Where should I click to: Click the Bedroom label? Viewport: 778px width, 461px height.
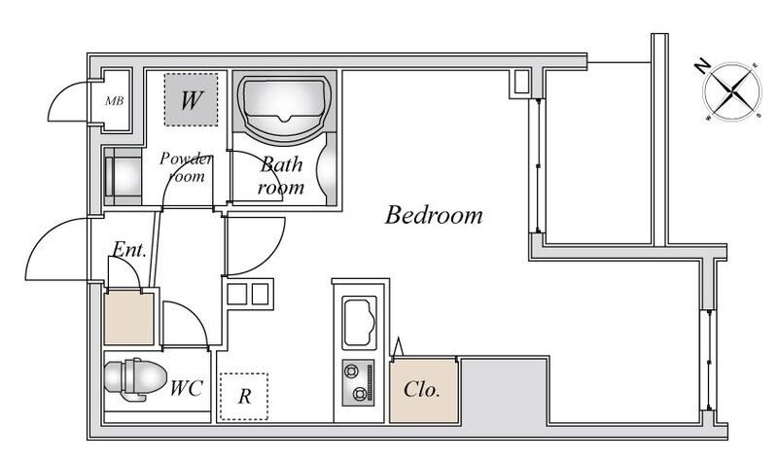pos(434,215)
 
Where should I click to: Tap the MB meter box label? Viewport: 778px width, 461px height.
pos(114,101)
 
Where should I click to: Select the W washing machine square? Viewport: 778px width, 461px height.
pos(191,99)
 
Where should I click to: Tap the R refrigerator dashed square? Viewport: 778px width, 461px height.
pos(244,397)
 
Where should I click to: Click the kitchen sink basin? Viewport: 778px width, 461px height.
pos(359,322)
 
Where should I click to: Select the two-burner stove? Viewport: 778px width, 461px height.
pos(358,382)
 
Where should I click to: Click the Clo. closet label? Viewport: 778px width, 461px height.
pos(422,390)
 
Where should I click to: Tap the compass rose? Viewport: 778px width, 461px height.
pos(732,91)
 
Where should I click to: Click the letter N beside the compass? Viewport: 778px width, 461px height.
pos(701,66)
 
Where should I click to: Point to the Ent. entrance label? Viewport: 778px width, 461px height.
pos(129,249)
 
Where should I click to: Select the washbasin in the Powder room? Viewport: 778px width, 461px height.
pos(123,177)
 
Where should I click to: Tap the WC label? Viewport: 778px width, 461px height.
pos(186,388)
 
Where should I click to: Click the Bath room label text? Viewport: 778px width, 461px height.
pos(281,176)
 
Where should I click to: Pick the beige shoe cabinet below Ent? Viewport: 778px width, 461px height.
pos(128,318)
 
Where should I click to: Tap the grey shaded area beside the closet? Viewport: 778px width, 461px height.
pos(504,390)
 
